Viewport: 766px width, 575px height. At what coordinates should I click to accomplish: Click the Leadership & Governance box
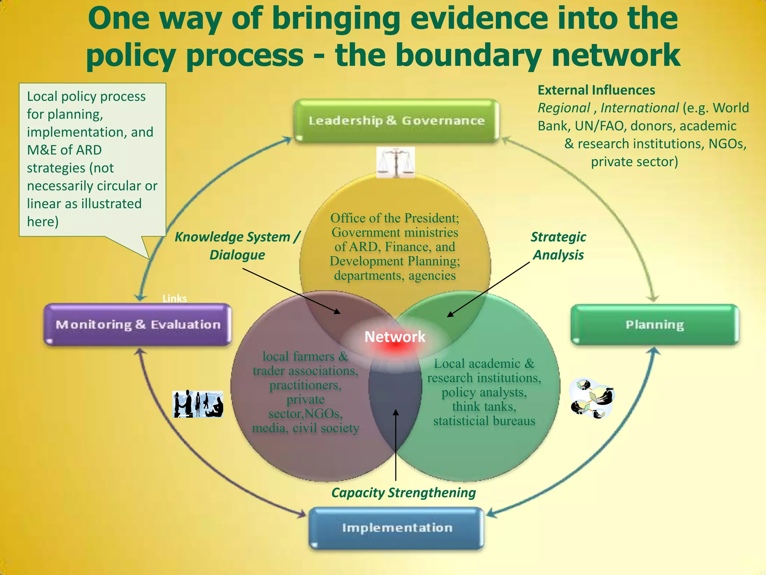click(396, 121)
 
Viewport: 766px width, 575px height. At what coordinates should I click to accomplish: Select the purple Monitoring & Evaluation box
click(138, 325)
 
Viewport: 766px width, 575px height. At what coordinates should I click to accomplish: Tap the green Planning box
click(655, 325)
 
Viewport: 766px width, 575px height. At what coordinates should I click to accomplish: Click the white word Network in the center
click(395, 337)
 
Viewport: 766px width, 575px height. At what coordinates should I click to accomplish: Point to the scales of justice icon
click(395, 162)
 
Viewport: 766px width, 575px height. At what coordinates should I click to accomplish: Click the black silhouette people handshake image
click(197, 404)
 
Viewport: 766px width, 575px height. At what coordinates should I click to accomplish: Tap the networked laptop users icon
click(592, 398)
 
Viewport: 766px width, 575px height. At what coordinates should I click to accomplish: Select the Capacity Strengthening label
click(403, 493)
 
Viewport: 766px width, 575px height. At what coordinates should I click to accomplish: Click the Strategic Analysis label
click(558, 246)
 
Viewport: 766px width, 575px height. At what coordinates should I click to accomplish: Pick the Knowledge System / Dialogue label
click(237, 246)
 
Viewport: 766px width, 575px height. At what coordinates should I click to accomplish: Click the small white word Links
click(174, 298)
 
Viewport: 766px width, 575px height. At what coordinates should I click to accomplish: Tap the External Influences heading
click(596, 90)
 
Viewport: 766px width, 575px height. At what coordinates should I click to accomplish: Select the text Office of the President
click(395, 218)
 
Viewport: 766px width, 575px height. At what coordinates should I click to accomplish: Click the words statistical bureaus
click(484, 421)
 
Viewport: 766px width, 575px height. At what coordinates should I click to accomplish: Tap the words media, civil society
click(305, 428)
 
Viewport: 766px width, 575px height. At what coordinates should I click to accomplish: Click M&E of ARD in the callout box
click(64, 150)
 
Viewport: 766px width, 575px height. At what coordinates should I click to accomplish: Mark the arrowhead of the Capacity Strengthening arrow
click(396, 412)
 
